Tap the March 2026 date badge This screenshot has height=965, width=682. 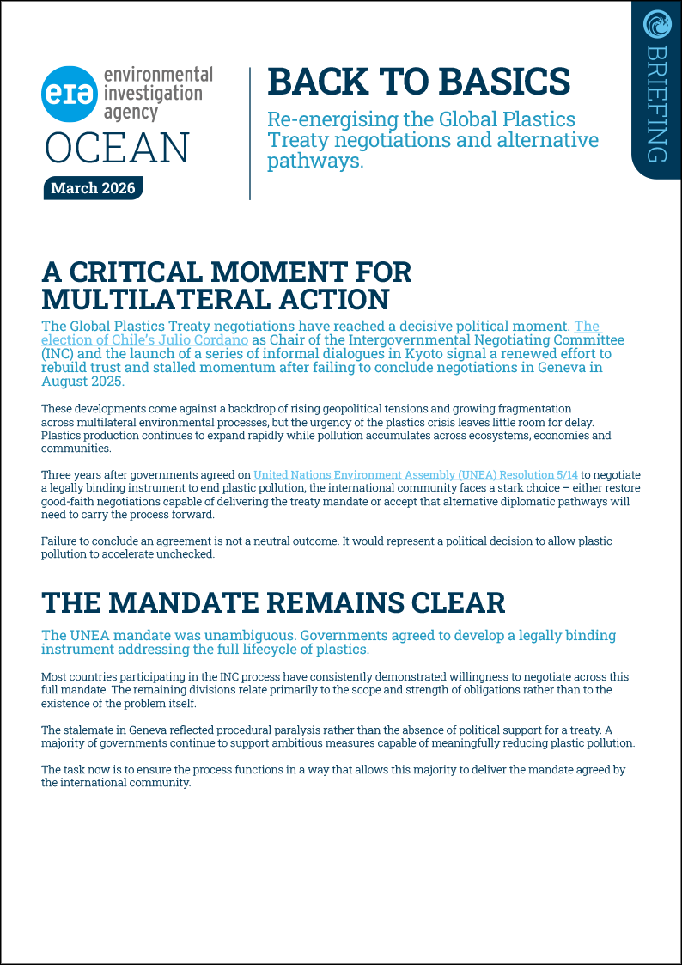pos(93,188)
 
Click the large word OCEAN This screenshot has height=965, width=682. pos(118,147)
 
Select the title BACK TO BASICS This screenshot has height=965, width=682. pos(418,81)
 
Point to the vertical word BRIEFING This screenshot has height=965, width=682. pos(656,103)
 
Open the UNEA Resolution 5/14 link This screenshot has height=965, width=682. pos(416,474)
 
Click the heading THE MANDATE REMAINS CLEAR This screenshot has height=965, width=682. pos(273,602)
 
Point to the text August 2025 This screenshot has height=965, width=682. pos(83,382)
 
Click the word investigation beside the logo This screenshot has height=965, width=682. pos(153,94)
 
